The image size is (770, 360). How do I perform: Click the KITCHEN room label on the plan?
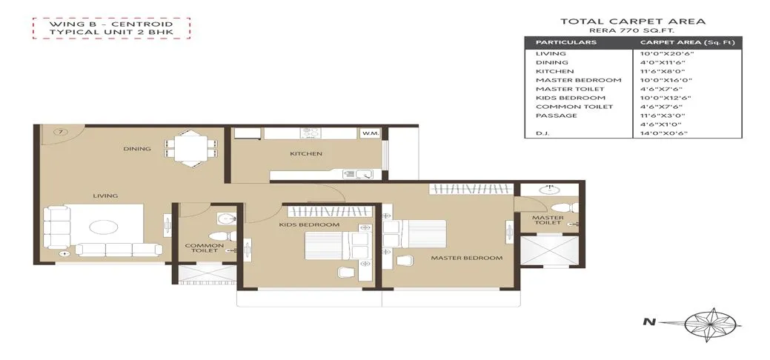305,154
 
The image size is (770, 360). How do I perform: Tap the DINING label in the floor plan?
137,149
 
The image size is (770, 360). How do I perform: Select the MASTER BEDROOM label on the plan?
467,259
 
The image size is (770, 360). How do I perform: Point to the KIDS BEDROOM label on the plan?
309,224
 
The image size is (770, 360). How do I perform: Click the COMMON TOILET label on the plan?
199,248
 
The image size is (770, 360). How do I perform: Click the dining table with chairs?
190,147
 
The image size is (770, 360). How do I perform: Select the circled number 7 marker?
62,132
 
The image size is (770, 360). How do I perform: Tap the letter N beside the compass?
648,322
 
